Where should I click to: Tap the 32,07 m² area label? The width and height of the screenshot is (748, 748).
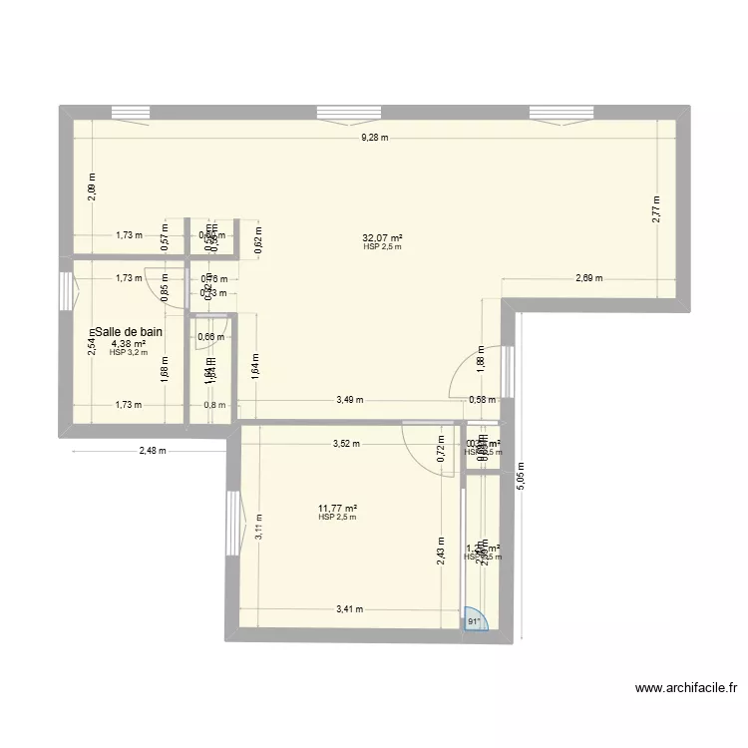coord(382,237)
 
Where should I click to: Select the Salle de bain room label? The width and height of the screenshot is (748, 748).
coord(129,332)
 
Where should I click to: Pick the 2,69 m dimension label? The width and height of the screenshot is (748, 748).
coord(589,279)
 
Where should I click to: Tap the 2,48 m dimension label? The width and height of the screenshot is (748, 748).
coord(152,451)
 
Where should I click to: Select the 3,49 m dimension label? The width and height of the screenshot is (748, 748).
coord(348,401)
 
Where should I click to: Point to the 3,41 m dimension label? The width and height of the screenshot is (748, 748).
coord(350,608)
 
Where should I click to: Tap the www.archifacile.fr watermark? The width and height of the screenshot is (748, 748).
coord(685,687)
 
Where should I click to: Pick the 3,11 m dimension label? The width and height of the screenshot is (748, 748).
coord(258,526)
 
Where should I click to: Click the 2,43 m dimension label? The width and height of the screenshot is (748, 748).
coord(440,553)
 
